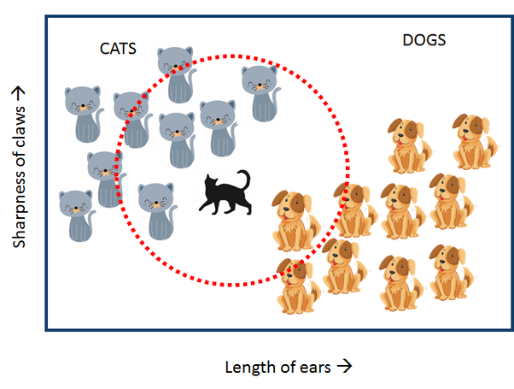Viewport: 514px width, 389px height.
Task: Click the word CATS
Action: coord(118,50)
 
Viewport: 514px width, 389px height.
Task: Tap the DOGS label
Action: coord(424,40)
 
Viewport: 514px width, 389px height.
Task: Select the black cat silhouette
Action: coord(224,192)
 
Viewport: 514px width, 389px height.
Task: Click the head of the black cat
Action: coord(210,181)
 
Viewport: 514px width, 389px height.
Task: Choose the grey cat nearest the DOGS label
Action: coord(261,91)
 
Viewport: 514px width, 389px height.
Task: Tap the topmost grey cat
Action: coord(174,72)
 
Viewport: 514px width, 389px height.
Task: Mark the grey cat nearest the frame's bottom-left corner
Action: coord(76,215)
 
